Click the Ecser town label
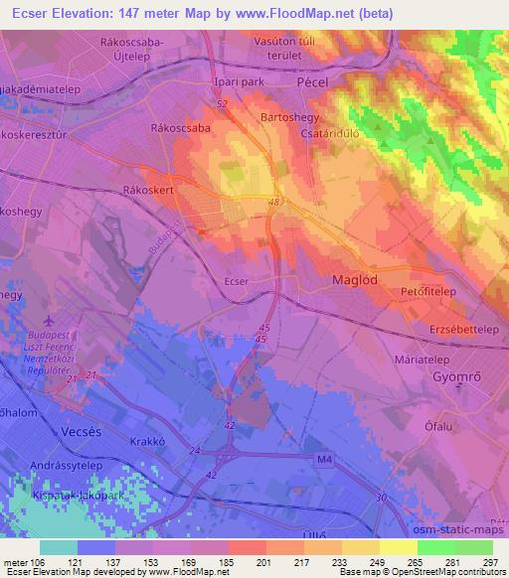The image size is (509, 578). pos(236,282)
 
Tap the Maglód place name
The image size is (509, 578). pos(353,281)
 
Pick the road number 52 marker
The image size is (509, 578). pos(221,102)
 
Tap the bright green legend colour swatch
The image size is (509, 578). pos(437,547)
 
